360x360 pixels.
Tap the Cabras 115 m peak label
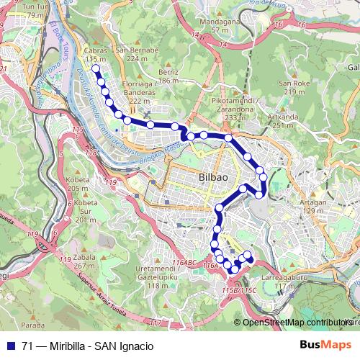[x=95, y=55]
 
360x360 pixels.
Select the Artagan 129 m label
[x=312, y=206]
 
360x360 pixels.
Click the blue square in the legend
[x=9, y=346]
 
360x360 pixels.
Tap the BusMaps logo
[x=325, y=346]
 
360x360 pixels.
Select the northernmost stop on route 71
[x=95, y=68]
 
